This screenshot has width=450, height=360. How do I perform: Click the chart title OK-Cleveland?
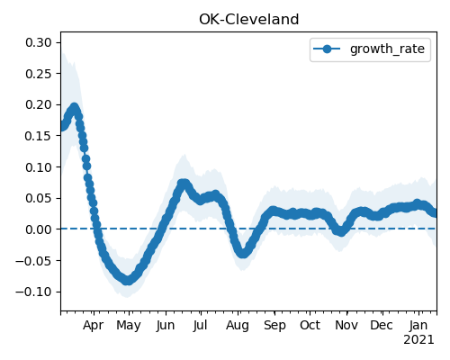pos(248,20)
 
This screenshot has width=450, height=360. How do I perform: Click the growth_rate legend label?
pos(387,49)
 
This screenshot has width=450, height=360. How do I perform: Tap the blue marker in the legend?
pos(327,49)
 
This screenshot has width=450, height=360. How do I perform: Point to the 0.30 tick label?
pos(39,42)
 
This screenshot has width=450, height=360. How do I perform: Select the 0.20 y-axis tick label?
pos(39,104)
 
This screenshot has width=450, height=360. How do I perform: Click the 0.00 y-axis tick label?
pos(39,229)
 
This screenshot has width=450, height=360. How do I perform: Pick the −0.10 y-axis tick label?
pos(33,292)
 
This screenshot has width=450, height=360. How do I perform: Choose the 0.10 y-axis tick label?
pos(39,167)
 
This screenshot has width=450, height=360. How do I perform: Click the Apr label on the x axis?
pos(94,326)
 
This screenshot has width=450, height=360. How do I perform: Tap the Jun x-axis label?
pos(166,326)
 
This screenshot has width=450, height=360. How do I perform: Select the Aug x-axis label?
pos(238,326)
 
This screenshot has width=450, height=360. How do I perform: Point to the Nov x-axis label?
pos(346,325)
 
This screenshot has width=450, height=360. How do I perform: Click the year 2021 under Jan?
pos(418,340)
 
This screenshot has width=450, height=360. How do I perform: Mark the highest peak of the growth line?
pos(74,107)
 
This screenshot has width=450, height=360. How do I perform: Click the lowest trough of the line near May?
pos(128,280)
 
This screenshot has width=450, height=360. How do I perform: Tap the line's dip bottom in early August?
pos(243,253)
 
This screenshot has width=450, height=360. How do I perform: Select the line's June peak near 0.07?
pos(183,184)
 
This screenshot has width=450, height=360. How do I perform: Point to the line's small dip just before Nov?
pos(341,231)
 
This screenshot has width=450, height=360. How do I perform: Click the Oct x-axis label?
pos(310,325)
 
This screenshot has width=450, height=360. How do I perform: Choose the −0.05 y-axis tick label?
pos(33,261)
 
